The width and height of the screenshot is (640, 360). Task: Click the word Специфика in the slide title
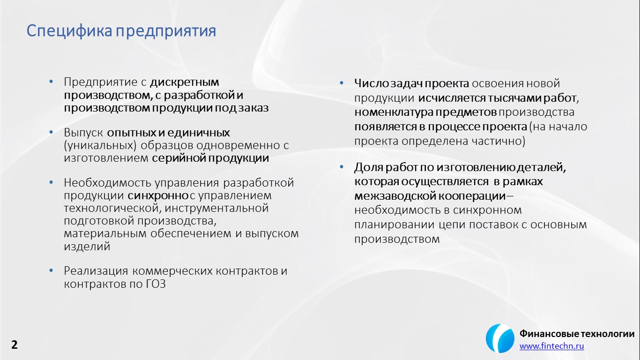tap(69, 31)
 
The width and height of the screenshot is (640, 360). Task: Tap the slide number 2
tap(14, 345)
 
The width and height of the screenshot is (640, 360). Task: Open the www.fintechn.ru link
tap(551, 346)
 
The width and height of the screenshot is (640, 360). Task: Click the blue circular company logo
tap(500, 338)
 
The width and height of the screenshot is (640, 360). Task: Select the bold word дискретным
tap(185, 82)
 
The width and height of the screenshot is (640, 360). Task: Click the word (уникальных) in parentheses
tap(100, 145)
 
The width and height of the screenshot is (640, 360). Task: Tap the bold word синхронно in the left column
tap(158, 195)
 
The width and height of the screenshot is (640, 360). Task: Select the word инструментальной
tap(216, 208)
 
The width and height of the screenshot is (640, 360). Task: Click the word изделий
tap(87, 247)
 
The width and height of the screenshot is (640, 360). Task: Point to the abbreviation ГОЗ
tap(156, 284)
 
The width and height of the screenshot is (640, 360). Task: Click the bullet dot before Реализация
tap(51, 270)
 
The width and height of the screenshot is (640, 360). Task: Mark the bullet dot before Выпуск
tap(51, 132)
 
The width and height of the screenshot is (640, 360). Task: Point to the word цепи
tap(452, 225)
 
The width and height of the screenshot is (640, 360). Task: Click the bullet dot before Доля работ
tap(342, 167)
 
